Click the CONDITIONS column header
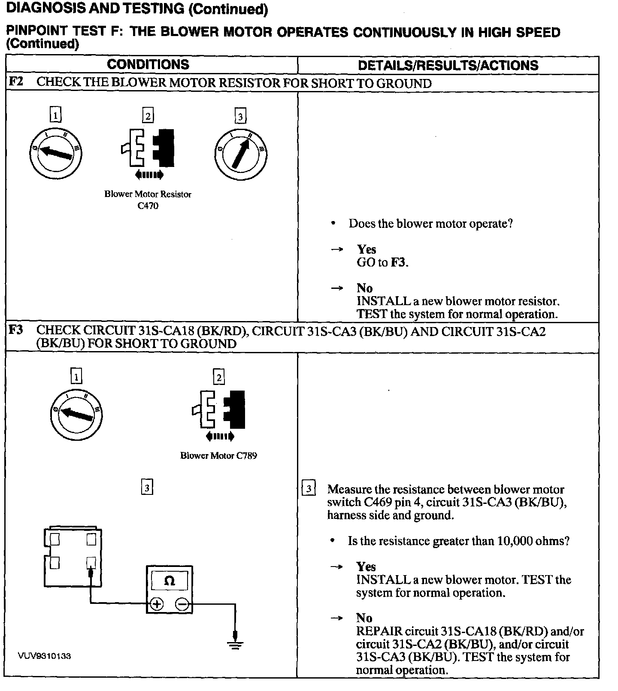[148, 64]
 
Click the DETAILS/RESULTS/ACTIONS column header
[448, 65]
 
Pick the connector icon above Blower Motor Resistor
[148, 148]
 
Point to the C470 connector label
[148, 206]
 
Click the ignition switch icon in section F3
[76, 414]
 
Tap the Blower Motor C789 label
[218, 456]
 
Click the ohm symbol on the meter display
[170, 581]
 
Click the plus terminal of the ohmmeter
[157, 604]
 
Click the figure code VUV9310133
[45, 656]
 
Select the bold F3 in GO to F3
[398, 262]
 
